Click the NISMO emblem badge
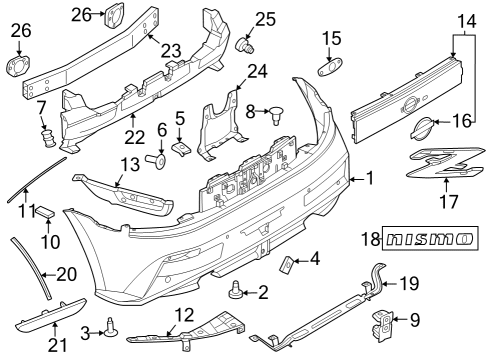[x=431, y=240]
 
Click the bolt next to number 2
[x=236, y=293]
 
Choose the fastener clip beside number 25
[x=242, y=45]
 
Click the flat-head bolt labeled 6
[x=157, y=158]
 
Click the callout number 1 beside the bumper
[x=370, y=181]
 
